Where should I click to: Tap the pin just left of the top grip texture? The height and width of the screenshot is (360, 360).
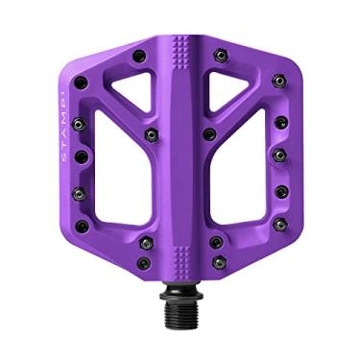click(x=140, y=55)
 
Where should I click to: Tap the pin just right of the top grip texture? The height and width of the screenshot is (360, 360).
click(x=220, y=55)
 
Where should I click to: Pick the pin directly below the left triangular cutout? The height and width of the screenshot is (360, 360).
click(x=150, y=134)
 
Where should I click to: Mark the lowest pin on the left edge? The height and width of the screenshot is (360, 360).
click(x=82, y=227)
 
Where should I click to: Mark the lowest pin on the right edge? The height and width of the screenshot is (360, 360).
click(x=279, y=225)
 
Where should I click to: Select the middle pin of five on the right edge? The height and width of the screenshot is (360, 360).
click(x=279, y=154)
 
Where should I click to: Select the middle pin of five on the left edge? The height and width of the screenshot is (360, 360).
click(x=81, y=156)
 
